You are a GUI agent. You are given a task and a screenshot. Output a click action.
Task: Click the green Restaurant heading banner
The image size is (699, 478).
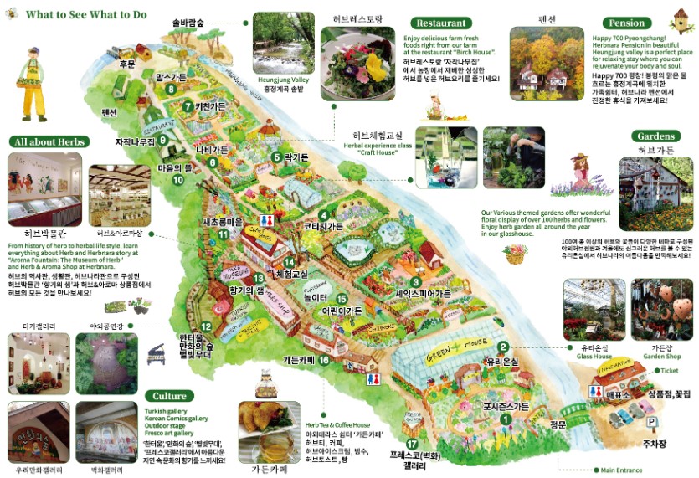(441, 23)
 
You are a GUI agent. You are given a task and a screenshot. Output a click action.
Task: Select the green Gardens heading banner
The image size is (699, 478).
(655, 136)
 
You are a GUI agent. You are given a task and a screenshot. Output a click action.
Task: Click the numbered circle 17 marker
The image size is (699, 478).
(411, 445)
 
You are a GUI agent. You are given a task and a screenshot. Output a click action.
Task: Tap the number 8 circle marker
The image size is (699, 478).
(171, 89)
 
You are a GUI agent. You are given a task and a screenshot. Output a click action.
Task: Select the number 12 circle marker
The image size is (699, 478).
(207, 326)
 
